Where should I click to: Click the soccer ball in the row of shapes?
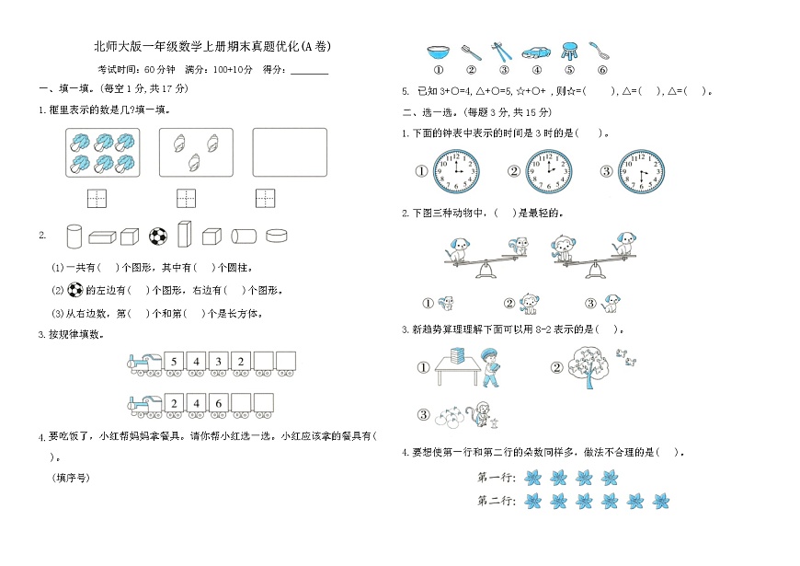(158, 237)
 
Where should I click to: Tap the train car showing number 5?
(174, 361)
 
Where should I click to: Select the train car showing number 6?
(218, 402)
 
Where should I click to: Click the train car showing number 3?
(218, 361)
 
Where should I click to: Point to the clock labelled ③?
(640, 171)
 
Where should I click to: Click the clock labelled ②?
(548, 171)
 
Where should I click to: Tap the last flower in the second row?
(660, 502)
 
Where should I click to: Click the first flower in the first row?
(531, 477)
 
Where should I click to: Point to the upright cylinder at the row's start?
(74, 237)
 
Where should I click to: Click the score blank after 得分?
(309, 70)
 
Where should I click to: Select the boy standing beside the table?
(489, 367)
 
